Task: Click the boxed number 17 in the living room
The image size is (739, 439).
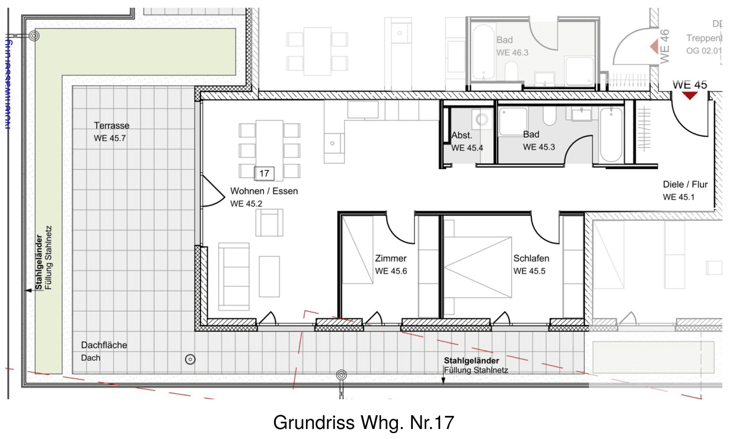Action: pyautogui.click(x=265, y=173)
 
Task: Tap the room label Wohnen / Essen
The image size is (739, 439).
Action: pyautogui.click(x=264, y=191)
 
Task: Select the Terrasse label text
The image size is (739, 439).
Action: pyautogui.click(x=112, y=126)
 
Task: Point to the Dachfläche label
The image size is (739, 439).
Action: pyautogui.click(x=104, y=345)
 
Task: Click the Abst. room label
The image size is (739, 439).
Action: pyautogui.click(x=461, y=135)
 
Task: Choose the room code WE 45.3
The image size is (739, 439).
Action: pyautogui.click(x=539, y=147)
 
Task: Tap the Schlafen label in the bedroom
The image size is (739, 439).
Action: pyautogui.click(x=531, y=259)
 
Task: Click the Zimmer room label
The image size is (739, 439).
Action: pyautogui.click(x=390, y=259)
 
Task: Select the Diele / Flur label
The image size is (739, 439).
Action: pyautogui.click(x=685, y=184)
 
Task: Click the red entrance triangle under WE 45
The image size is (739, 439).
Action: pyautogui.click(x=690, y=95)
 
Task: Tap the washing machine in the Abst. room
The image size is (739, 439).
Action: pyautogui.click(x=482, y=120)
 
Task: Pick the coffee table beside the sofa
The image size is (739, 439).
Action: pyautogui.click(x=269, y=276)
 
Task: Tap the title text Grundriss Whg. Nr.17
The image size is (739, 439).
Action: pyautogui.click(x=364, y=422)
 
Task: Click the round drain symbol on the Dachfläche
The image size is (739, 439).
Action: pyautogui.click(x=190, y=358)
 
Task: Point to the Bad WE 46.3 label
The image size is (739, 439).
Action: pyautogui.click(x=512, y=46)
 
